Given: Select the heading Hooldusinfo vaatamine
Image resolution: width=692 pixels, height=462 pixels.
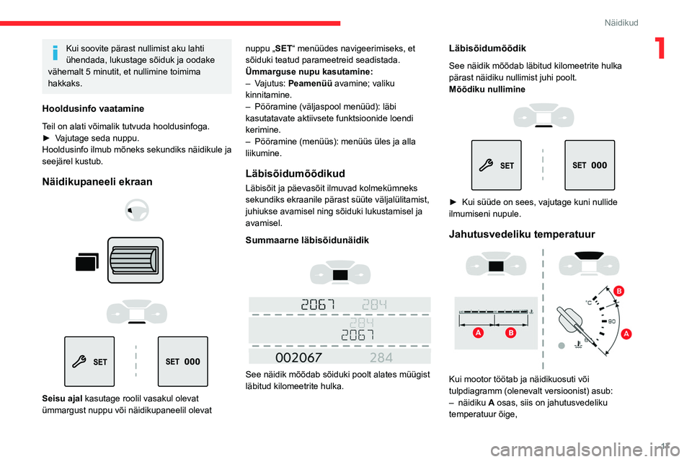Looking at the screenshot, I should (92, 108).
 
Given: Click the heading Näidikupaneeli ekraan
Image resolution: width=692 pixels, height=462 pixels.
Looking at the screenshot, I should (97, 182).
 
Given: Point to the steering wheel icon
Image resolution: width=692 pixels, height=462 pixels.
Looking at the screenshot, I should (137, 211).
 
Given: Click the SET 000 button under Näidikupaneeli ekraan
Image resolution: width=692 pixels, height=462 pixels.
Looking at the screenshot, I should (182, 362).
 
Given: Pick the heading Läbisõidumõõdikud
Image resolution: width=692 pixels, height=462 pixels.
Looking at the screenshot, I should (296, 173).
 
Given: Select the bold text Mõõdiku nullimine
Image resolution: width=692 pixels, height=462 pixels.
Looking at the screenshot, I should (487, 89).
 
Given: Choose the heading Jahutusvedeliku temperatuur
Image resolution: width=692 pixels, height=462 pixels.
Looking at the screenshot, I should (522, 234).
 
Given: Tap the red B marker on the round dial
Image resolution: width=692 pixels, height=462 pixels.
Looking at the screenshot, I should (618, 290).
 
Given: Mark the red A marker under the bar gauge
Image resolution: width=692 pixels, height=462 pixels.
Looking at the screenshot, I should (477, 333).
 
